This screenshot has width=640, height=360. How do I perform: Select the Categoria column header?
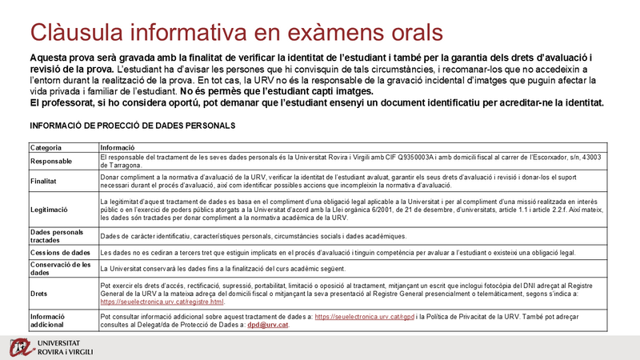46,148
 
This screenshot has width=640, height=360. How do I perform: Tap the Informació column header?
117,148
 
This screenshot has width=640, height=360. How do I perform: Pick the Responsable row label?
53,161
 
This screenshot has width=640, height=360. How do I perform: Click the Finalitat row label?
43,182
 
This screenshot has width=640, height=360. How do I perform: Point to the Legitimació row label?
49,209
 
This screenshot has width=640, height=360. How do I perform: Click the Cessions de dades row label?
60,253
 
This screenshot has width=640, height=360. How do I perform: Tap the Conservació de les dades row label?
62,268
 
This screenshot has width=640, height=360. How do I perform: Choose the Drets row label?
38,294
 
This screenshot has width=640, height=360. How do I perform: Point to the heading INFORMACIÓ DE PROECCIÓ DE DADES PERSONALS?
132,126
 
